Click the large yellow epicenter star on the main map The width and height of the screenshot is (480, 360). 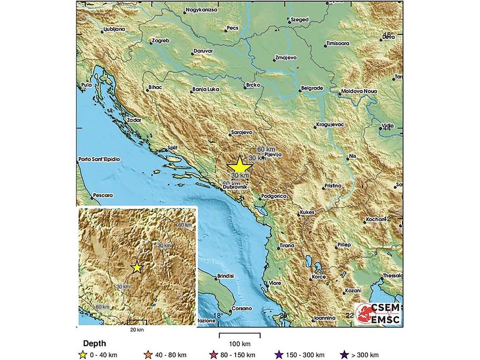(x=239, y=166)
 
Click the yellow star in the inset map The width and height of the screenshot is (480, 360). (x=137, y=267)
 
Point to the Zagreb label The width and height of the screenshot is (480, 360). (x=161, y=41)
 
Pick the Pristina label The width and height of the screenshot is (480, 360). (x=334, y=186)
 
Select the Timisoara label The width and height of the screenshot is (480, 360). (x=338, y=43)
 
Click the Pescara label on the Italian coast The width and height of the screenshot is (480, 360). (x=103, y=196)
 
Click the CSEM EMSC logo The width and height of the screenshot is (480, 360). (x=378, y=314)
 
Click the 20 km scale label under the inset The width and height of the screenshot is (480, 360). (x=137, y=330)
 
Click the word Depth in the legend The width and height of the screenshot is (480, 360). (x=94, y=343)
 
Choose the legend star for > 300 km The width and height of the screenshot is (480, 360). (x=342, y=354)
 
